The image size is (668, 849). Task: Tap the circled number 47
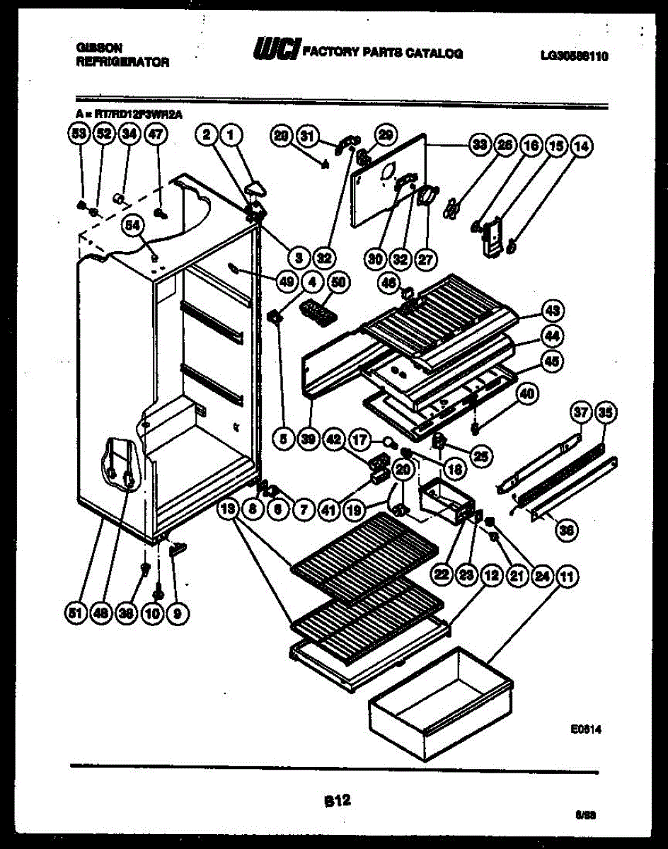coord(154,134)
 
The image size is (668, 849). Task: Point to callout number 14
coord(582,146)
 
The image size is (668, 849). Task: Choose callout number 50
coord(339,282)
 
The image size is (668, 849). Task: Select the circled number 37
coord(581,412)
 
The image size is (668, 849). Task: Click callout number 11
coord(565,577)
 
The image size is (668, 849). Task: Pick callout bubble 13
coord(227,508)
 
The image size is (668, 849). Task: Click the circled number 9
coord(179,614)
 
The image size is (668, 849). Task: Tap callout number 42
coord(333,439)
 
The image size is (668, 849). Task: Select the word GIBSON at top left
coord(98,48)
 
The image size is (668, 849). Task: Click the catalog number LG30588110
coord(572,57)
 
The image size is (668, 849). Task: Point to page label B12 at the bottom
coord(337,800)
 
